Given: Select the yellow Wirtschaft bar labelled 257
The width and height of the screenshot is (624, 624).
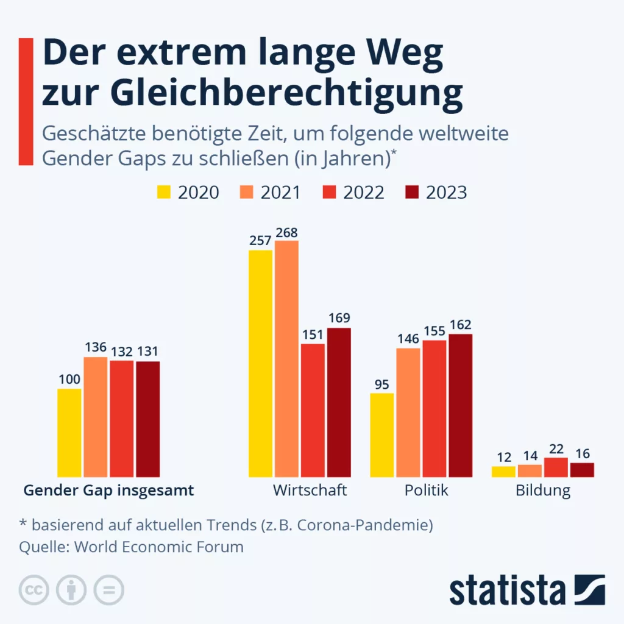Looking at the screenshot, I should point(260,363).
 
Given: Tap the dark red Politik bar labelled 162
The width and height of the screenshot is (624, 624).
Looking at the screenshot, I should point(461,405).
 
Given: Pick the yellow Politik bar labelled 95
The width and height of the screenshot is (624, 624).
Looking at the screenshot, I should point(382,434).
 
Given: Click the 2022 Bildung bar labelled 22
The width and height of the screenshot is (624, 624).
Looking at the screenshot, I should point(556,467).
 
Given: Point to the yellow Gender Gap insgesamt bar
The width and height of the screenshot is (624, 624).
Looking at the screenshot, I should point(69,433).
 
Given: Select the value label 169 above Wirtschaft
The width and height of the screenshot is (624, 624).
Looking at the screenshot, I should point(338,319).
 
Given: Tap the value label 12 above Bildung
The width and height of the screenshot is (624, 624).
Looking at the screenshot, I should point(503,456).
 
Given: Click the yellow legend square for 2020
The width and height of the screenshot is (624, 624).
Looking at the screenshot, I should point(164,193).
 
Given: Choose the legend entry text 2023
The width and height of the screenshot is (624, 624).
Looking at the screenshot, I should point(446,193).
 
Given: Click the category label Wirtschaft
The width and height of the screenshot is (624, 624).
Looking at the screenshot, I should point(310,490).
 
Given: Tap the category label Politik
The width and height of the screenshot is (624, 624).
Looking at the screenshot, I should point(426,490).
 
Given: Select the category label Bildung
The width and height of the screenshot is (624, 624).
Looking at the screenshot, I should point(543,491).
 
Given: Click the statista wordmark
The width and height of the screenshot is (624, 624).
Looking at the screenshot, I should point(507,590).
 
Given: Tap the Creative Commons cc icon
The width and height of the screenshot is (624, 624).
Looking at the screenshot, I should point(35,589).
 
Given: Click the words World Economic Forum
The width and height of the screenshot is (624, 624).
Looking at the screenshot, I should point(159,547).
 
